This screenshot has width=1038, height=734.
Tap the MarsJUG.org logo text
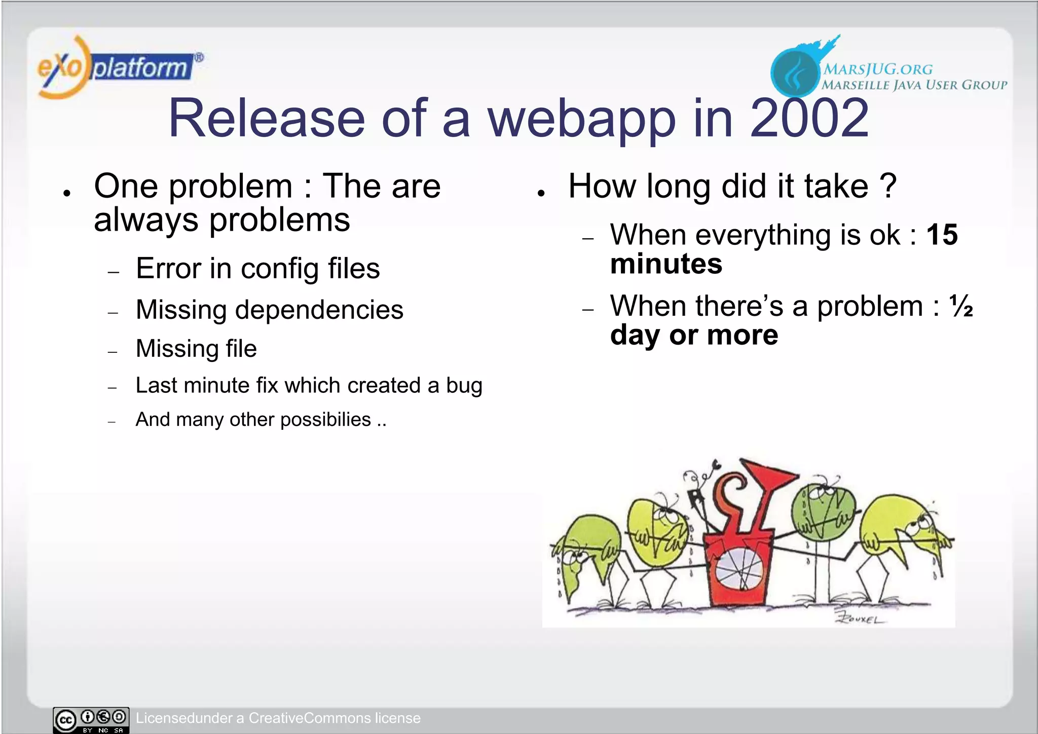click(878, 69)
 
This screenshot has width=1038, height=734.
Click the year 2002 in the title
click(809, 119)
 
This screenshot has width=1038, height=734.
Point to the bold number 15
click(942, 235)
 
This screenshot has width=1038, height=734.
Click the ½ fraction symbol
click(961, 306)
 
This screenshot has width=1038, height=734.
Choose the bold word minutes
click(666, 264)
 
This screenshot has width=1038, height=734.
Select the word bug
click(464, 386)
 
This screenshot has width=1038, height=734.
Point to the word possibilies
click(325, 420)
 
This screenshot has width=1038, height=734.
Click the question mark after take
click(888, 186)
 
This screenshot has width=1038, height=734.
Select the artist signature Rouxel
click(860, 619)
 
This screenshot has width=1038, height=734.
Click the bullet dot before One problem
click(67, 193)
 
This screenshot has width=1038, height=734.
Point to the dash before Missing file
click(113, 351)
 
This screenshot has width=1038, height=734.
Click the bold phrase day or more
click(694, 335)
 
